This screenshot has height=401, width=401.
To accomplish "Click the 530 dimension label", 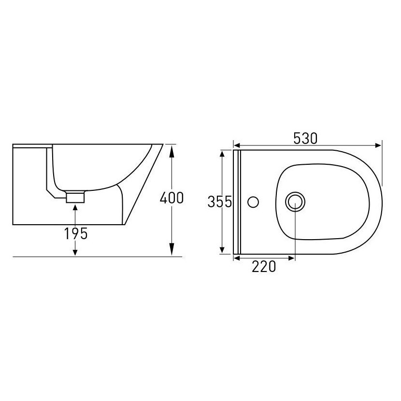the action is point(305,138).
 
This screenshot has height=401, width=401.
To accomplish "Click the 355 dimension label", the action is point(220,201).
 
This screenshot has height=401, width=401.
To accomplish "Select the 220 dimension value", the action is point(264,267).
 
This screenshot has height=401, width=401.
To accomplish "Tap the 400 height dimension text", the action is point(172,198).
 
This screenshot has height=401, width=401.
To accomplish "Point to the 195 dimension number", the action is point(76,233).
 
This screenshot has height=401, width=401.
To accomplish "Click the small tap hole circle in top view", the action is point(253,202).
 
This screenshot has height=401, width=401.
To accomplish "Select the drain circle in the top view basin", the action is point(295,202).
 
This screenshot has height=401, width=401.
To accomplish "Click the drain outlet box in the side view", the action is point(75,197).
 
